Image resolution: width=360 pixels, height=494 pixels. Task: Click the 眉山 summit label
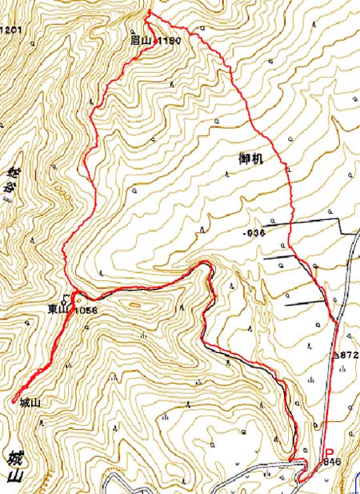pyautogui.click(x=142, y=39)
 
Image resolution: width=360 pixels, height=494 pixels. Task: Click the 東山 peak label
pyautogui.click(x=57, y=307)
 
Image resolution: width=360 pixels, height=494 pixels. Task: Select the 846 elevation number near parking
pyautogui.click(x=329, y=463)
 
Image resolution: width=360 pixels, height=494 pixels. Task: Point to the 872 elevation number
pyautogui.click(x=347, y=353)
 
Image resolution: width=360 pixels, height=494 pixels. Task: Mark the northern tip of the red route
pyautogui.click(x=150, y=13)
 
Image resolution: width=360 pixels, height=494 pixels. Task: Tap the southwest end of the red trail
pyautogui.click(x=15, y=398)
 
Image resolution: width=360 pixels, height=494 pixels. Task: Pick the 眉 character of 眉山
pyautogui.click(x=136, y=39)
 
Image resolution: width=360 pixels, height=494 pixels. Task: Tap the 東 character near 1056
pyautogui.click(x=51, y=307)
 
